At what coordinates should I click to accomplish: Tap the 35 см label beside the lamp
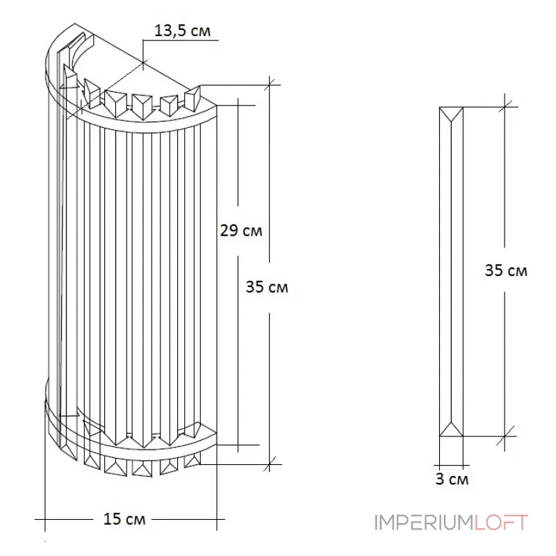tap(267, 286)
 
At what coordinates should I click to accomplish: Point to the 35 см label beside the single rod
tap(506, 270)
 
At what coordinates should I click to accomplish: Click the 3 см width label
tap(452, 479)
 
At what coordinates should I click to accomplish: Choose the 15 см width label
tap(124, 518)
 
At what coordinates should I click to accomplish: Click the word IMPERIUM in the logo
tap(424, 522)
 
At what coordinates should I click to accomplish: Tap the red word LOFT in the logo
tap(501, 522)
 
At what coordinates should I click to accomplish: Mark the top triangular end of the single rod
tap(452, 114)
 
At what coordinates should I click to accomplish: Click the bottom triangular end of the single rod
tap(452, 429)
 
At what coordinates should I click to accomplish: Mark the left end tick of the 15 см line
tap(44, 518)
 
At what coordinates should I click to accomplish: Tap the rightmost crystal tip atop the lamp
tap(194, 97)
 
